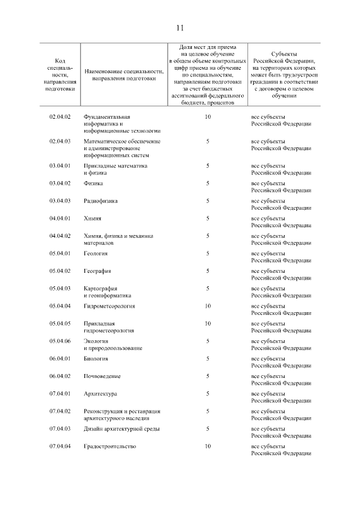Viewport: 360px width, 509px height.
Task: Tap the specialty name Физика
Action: (x=94, y=183)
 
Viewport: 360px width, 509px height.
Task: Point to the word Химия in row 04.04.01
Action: (x=93, y=218)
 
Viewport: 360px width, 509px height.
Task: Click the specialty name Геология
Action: (x=97, y=254)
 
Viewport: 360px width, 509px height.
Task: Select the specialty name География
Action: (x=98, y=271)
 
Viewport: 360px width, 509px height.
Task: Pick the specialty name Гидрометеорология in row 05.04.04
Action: (x=110, y=306)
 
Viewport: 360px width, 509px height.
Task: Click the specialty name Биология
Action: (x=96, y=358)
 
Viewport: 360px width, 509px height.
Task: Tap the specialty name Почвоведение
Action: (x=102, y=376)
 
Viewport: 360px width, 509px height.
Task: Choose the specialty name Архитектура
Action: (x=101, y=394)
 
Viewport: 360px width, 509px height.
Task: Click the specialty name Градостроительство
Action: (x=110, y=446)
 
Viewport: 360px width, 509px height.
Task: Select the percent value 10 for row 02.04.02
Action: (x=208, y=116)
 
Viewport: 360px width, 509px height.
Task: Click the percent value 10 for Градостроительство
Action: (x=208, y=446)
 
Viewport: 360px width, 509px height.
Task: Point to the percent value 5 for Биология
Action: (x=208, y=358)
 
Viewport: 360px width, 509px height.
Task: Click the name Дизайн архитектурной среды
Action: (x=121, y=429)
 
